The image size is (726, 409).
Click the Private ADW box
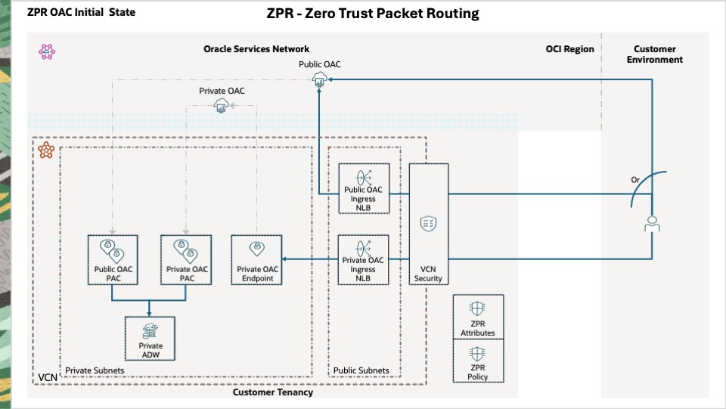pyautogui.click(x=149, y=339)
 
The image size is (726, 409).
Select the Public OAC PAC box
pyautogui.click(x=112, y=259)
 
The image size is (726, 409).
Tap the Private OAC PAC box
pyautogui.click(x=185, y=259)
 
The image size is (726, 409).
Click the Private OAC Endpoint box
pyautogui.click(x=257, y=259)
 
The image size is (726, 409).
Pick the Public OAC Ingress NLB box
pyautogui.click(x=364, y=188)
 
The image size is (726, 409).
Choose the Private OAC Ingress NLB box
pyautogui.click(x=364, y=259)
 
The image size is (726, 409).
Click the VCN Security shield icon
pyautogui.click(x=428, y=223)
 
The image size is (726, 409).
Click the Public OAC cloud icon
pyautogui.click(x=320, y=80)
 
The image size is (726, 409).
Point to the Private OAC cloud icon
pyautogui.click(x=222, y=106)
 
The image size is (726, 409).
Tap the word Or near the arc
pyautogui.click(x=636, y=180)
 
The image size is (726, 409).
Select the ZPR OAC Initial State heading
pyautogui.click(x=81, y=13)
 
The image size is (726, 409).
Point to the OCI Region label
pyautogui.click(x=569, y=49)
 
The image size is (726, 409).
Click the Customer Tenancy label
pyautogui.click(x=272, y=392)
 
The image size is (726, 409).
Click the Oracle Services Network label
pyautogui.click(x=256, y=49)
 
